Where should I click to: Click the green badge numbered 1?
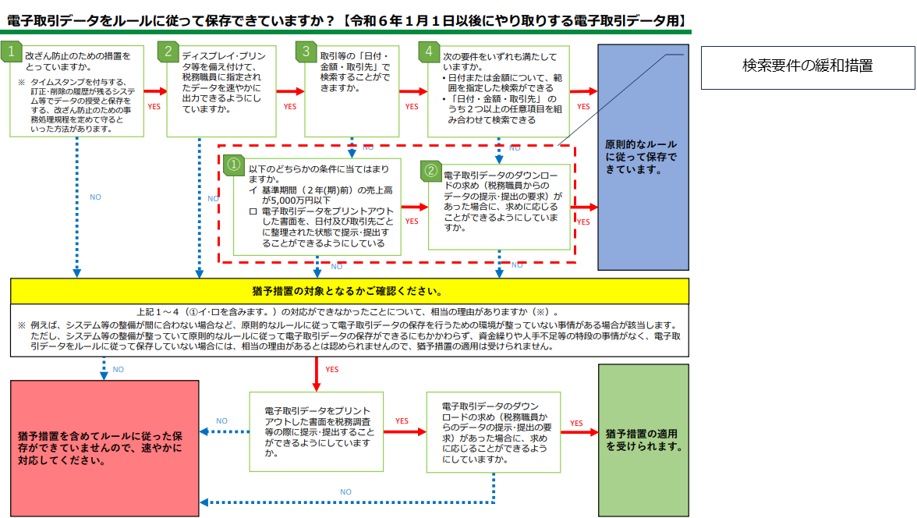point(12,51)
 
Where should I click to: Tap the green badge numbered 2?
point(168,51)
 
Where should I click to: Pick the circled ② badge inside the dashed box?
point(430,169)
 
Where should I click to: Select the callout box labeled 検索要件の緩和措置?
point(807,66)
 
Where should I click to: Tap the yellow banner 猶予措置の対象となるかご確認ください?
point(349,291)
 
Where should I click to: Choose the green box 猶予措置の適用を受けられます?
point(643,440)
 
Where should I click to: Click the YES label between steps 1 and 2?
point(154,107)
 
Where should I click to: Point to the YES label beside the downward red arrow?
point(331,369)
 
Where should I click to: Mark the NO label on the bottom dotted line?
point(345,492)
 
